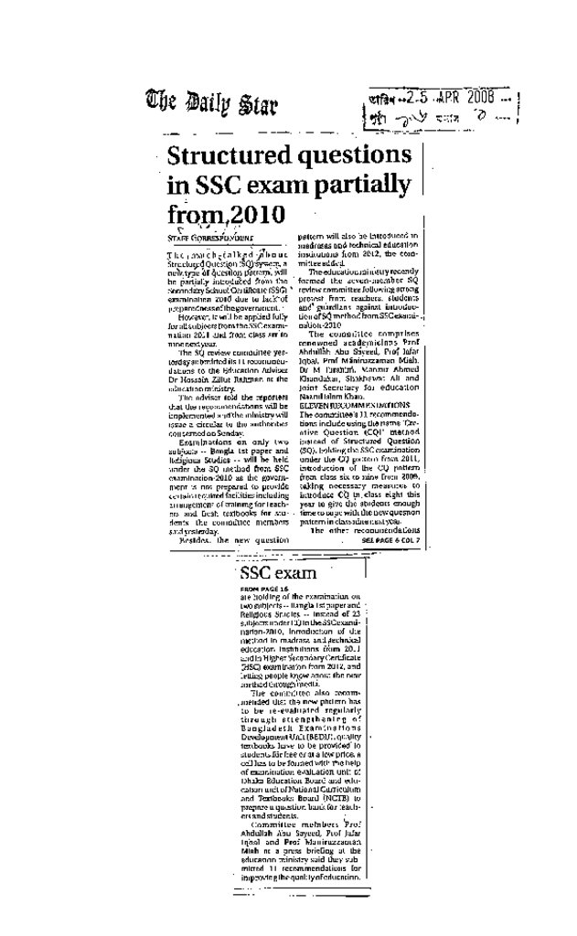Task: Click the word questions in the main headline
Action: (x=352, y=154)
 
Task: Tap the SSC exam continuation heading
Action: (x=278, y=573)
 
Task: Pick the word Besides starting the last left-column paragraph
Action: (x=198, y=540)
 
